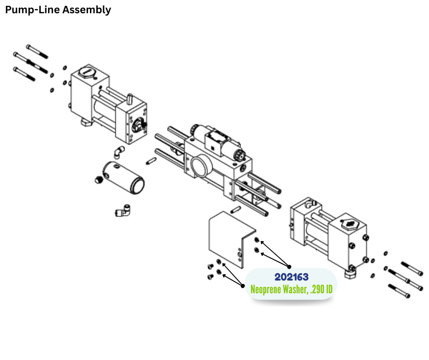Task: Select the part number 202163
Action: point(291,277)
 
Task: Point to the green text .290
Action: point(318,289)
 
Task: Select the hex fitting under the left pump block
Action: point(85,122)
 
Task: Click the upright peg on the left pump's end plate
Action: point(130,98)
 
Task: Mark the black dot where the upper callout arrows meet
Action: point(289,266)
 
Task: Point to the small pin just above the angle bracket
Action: point(235,210)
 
